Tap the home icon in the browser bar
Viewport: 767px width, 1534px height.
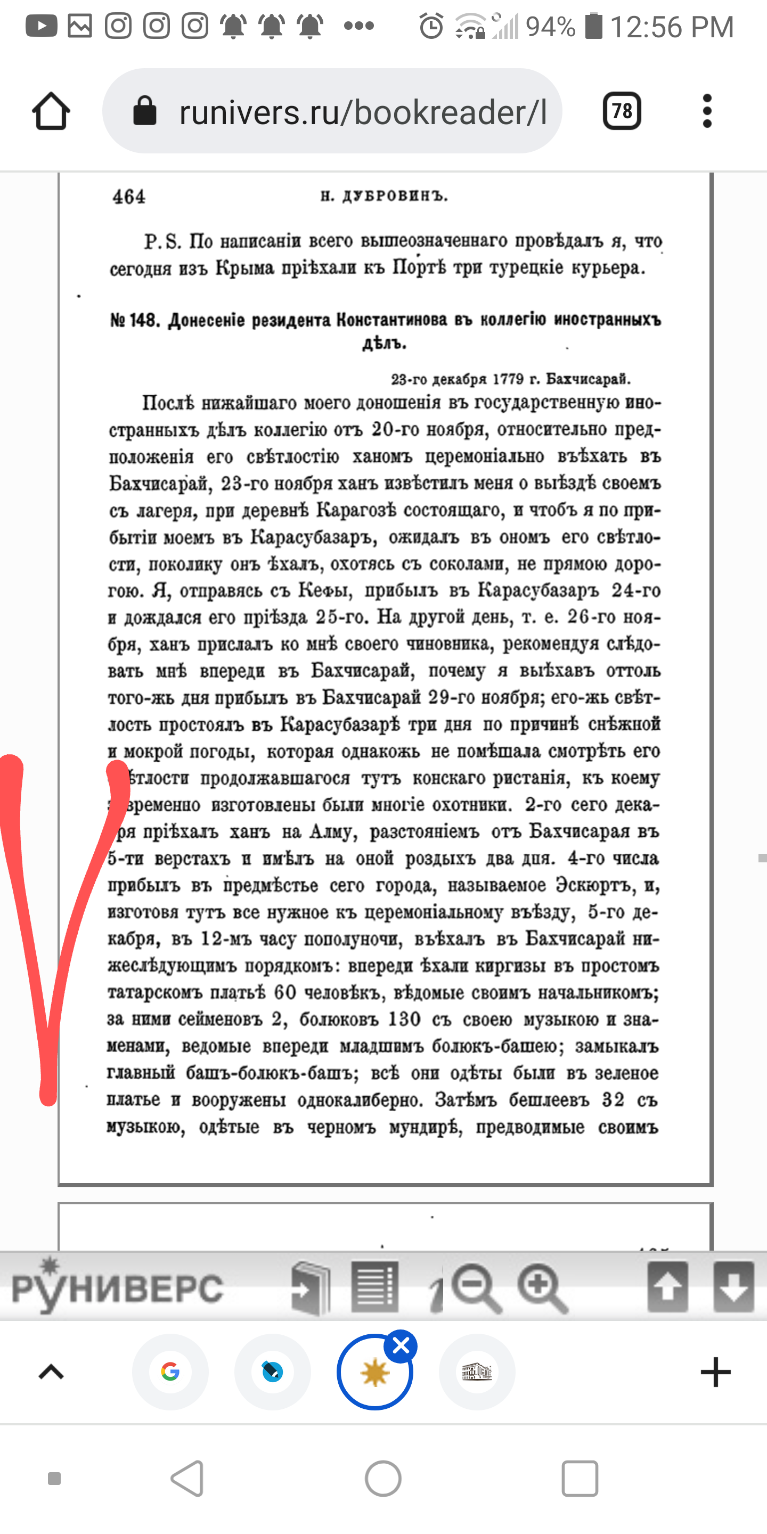[x=51, y=111]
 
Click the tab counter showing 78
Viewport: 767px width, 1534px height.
[x=622, y=111]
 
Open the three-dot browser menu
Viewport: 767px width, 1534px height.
[x=707, y=111]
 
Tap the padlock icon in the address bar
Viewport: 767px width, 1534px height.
[x=144, y=111]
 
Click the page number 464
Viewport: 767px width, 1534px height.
[x=128, y=197]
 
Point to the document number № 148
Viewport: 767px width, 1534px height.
[x=135, y=320]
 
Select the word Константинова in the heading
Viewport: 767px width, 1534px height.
[x=392, y=320]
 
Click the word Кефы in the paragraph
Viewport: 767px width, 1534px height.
[x=324, y=591]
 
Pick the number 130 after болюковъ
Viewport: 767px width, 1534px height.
[x=404, y=1019]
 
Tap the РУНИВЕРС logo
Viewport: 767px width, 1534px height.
[x=117, y=1287]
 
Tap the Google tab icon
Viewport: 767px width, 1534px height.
[x=170, y=1372]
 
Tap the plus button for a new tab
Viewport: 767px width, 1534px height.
[x=715, y=1372]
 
